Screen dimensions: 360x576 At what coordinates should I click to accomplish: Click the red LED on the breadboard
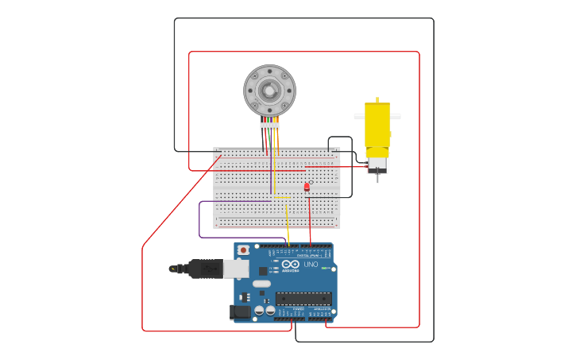[x=307, y=187]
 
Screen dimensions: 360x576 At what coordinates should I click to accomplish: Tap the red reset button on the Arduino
[x=243, y=250]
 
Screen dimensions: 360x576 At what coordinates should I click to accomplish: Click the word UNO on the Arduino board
[x=311, y=264]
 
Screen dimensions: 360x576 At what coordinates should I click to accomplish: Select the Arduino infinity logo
[x=290, y=264]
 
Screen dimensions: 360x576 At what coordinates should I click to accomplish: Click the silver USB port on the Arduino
[x=235, y=269]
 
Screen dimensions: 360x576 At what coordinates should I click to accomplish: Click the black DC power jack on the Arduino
[x=239, y=312]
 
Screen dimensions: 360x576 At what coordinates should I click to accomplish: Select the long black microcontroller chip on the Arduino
[x=303, y=299]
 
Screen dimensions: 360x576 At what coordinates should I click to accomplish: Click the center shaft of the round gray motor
[x=269, y=91]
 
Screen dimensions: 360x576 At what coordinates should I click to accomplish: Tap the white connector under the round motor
[x=269, y=126]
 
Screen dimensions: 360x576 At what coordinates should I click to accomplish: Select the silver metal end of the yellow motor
[x=377, y=165]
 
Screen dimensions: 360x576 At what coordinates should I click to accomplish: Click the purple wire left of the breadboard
[x=199, y=221]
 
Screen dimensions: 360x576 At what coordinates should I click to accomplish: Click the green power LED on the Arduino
[x=323, y=269]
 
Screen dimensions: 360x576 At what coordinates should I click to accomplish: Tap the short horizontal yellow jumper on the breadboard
[x=281, y=197]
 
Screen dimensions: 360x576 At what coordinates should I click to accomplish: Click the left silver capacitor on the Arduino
[x=258, y=310]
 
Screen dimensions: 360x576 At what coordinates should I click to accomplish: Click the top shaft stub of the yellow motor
[x=377, y=100]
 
